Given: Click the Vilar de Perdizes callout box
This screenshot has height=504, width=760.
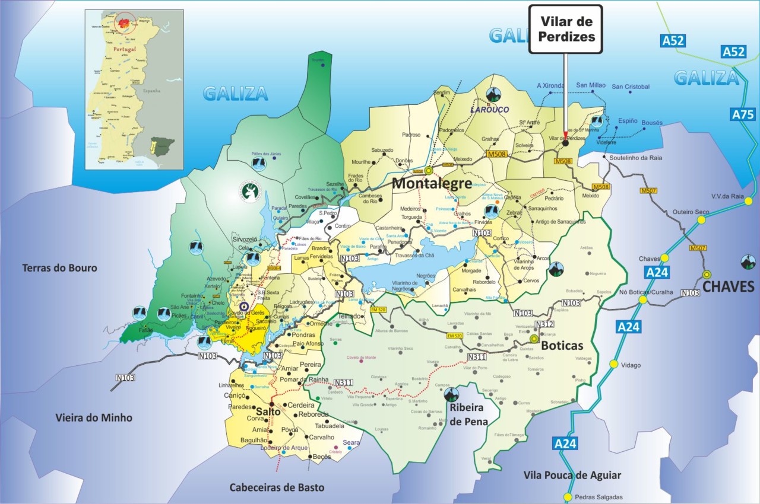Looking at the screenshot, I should point(565,29).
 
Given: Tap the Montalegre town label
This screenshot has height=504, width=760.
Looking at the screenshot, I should point(432,183).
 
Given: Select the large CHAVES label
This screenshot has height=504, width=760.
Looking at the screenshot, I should point(728,288).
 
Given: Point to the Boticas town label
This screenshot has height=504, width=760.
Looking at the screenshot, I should point(562,346).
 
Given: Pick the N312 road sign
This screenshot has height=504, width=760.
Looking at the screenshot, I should point(544,324).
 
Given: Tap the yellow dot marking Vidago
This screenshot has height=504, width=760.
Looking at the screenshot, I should point(614,364).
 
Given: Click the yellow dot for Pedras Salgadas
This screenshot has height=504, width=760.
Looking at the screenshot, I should point(568,497).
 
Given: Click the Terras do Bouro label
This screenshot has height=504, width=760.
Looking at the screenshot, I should point(59,268).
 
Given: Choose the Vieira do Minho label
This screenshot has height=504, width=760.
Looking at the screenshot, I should point(94,417).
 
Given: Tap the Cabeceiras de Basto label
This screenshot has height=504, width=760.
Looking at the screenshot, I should point(277,487).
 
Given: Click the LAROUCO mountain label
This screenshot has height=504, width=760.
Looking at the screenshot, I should point(490,110).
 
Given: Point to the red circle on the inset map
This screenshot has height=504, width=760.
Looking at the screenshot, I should point(125,23).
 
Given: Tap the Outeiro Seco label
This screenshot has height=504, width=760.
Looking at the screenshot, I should point(691,212).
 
